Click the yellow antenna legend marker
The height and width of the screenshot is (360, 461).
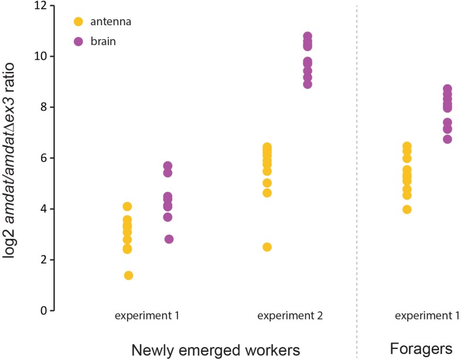click(78, 22)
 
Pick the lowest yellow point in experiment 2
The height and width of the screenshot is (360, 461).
click(267, 247)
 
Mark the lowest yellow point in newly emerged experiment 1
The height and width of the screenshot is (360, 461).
click(128, 275)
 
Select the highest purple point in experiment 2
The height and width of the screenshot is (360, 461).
click(308, 36)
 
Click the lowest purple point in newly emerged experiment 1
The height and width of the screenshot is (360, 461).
click(169, 239)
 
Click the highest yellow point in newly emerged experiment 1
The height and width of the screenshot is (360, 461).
click(127, 206)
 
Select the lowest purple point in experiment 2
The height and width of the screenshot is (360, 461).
click(308, 84)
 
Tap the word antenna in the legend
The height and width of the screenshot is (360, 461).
click(110, 22)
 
